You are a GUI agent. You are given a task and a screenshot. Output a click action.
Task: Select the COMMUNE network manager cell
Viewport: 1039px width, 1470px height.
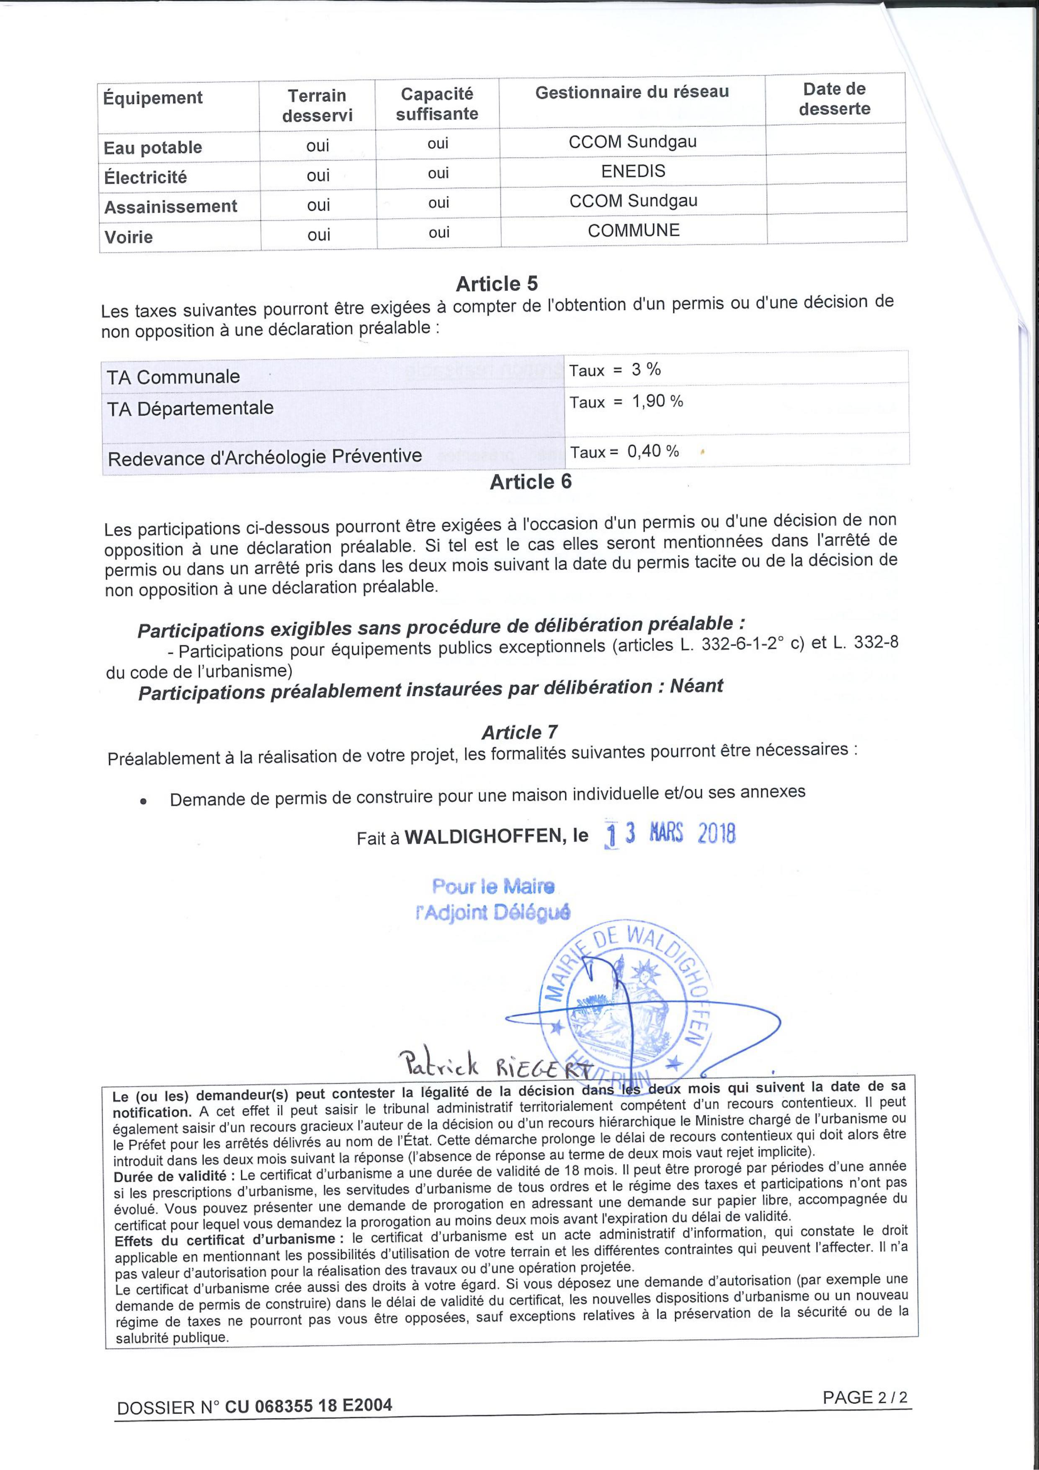[x=633, y=230]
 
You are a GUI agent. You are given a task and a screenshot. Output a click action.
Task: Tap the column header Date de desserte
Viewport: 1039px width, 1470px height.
[x=834, y=99]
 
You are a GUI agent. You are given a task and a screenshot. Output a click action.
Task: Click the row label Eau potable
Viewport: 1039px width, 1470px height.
[x=153, y=148]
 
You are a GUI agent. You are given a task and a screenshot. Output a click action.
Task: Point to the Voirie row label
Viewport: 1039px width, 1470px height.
[x=129, y=237]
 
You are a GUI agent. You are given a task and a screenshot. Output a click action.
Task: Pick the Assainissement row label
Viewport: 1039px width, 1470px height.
[x=170, y=207]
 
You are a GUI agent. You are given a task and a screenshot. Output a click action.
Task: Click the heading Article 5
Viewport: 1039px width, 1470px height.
[x=497, y=284]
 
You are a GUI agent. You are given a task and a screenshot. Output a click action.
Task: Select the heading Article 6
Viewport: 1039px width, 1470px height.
[x=530, y=481]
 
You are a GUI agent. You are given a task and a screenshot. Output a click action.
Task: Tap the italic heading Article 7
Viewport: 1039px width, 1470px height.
[x=519, y=732]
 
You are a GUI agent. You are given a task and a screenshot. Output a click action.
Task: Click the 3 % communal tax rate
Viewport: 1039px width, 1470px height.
[x=646, y=369]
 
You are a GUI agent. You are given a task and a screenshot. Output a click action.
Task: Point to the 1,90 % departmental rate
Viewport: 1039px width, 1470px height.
[x=657, y=401]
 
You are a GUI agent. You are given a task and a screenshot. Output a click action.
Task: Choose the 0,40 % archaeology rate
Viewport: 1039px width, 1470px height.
[x=653, y=451]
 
